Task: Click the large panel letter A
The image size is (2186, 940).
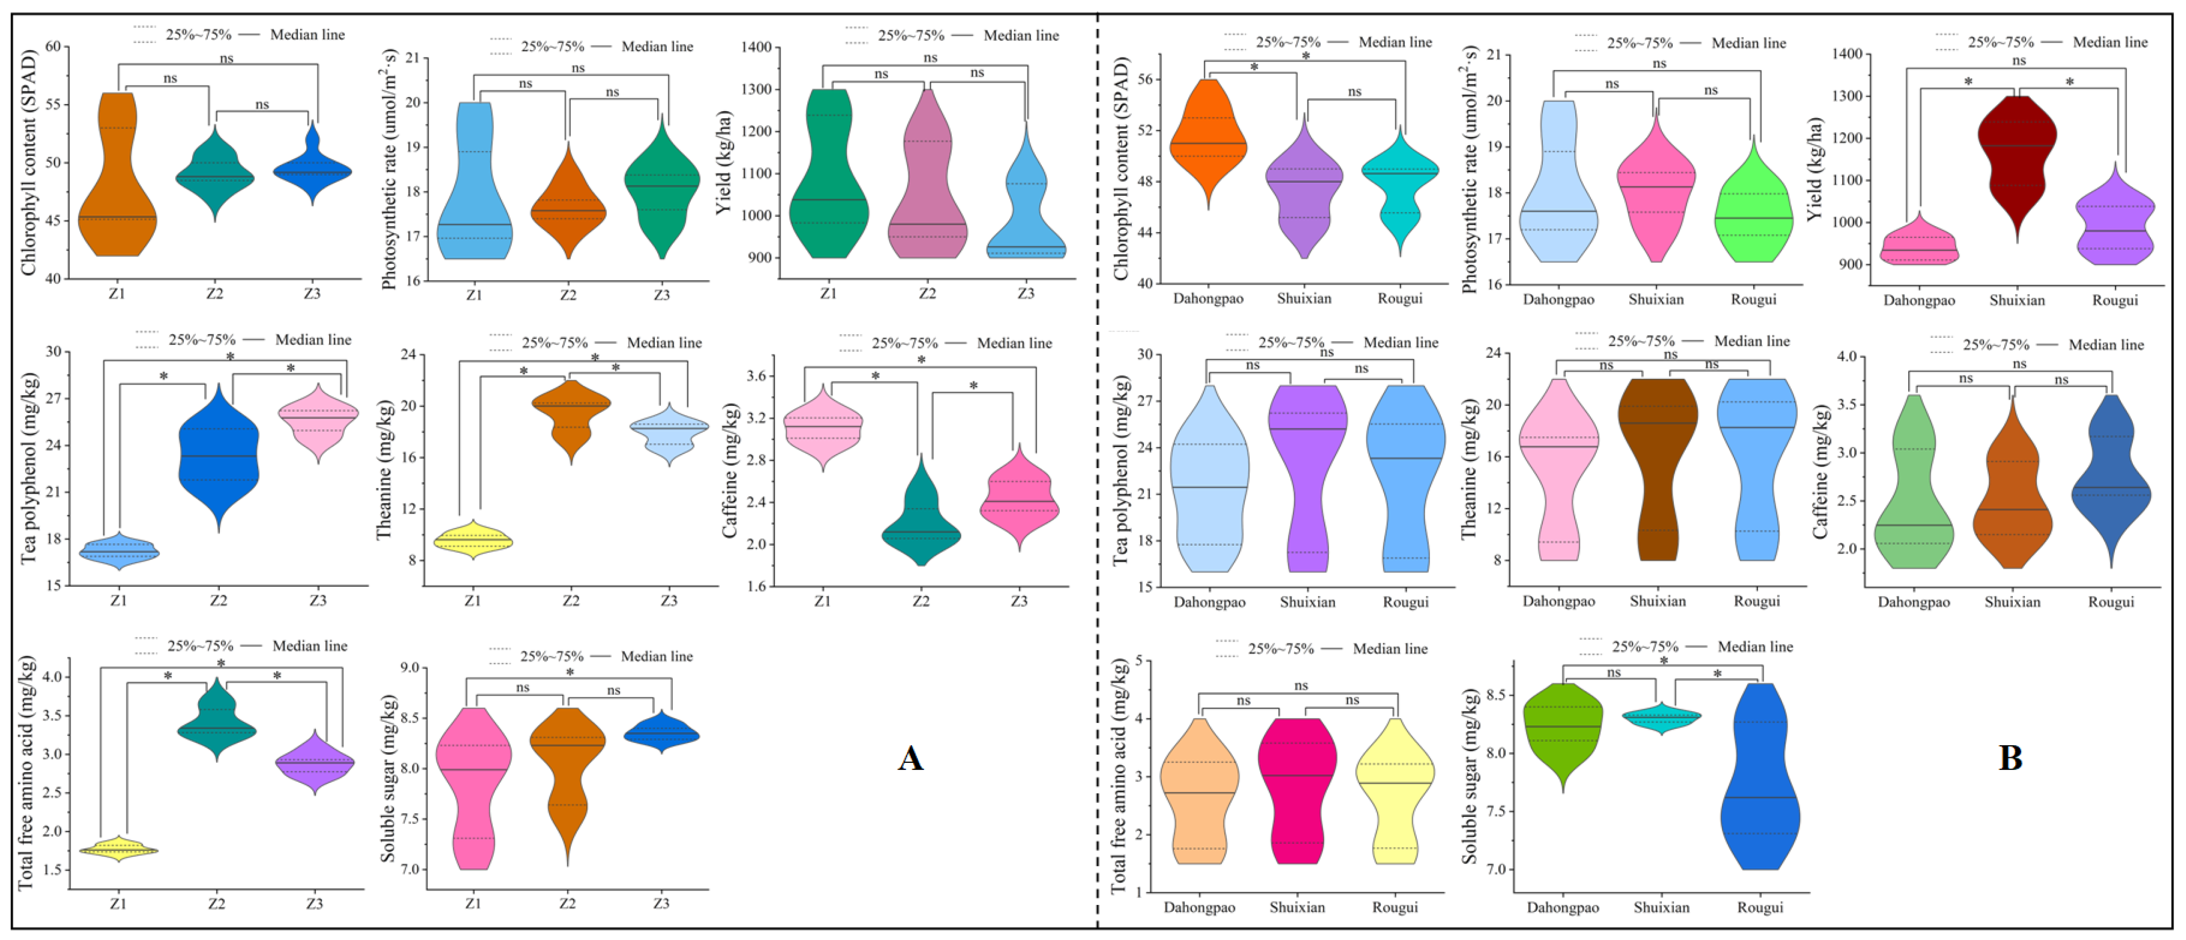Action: pos(910,758)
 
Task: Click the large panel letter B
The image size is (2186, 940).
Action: pos(2009,758)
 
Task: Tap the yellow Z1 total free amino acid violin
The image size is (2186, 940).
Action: pos(119,849)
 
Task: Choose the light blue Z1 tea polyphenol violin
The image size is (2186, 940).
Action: pos(119,552)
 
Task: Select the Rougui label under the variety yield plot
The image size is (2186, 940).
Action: pos(2115,300)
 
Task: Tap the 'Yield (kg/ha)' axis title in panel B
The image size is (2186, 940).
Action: pos(1814,170)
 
